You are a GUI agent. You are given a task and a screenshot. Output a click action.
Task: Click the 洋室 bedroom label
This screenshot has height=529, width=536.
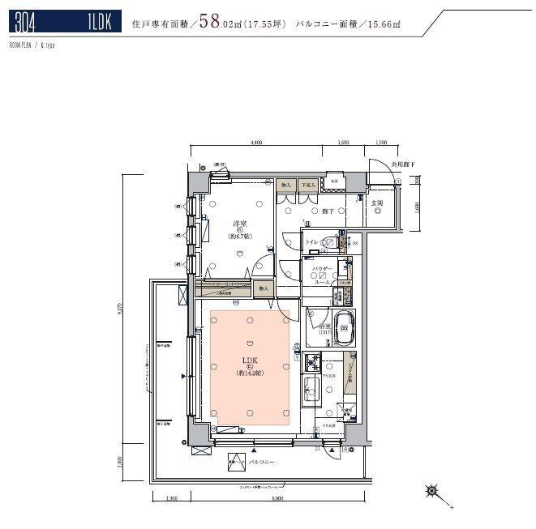click(239, 224)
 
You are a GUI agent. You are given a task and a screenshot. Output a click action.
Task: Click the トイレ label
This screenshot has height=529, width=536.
click(310, 242)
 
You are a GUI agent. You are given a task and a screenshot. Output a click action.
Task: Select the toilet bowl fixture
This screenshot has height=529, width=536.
click(332, 241)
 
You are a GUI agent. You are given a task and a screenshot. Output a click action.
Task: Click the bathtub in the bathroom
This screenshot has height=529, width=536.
click(344, 328)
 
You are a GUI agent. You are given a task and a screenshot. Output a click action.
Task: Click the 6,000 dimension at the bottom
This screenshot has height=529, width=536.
click(277, 499)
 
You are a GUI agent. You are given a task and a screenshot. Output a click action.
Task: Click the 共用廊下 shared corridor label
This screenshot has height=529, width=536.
click(403, 164)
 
